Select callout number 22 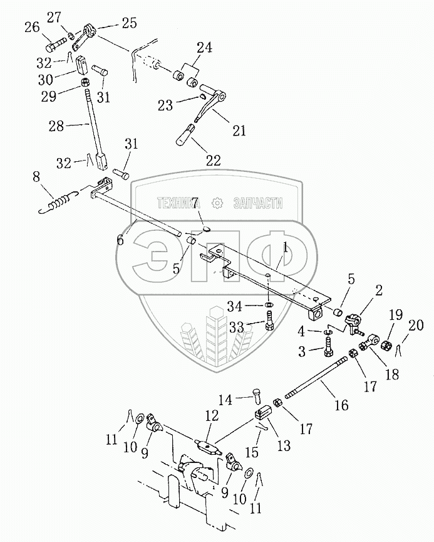(x=213, y=160)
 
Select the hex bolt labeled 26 (x=56, y=45)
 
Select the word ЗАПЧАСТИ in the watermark (x=257, y=204)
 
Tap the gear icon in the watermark (x=217, y=204)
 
